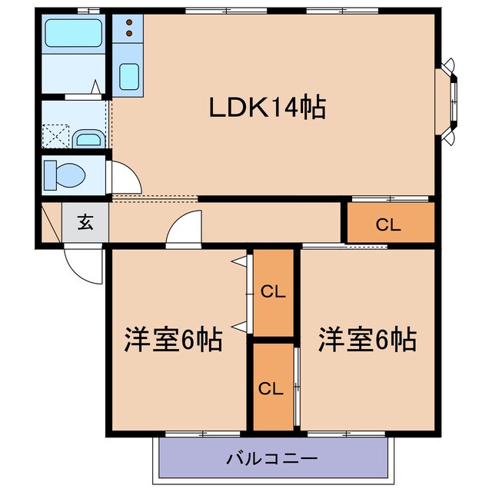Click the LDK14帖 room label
268,108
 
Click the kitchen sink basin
129,76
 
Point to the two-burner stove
128,28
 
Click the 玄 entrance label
85,224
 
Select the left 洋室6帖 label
174,338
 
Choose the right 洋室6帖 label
367,338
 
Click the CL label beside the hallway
388,224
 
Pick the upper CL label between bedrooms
273,292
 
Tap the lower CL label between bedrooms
273,387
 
